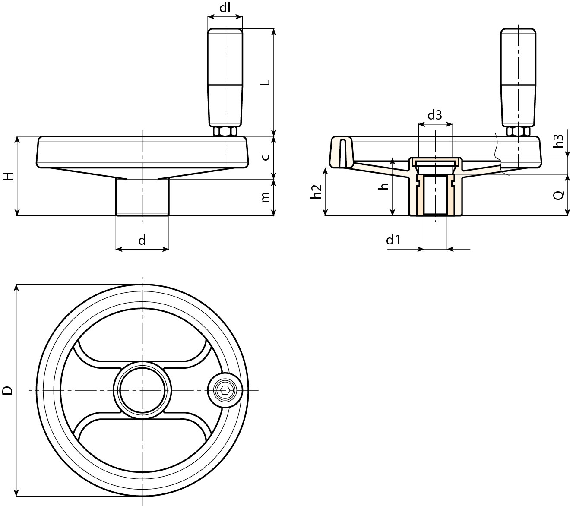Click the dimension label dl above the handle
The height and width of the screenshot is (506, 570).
click(x=225, y=8)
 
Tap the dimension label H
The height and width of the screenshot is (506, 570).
click(x=8, y=176)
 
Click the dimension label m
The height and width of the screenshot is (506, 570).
click(x=266, y=197)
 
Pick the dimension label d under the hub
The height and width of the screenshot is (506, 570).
click(x=142, y=240)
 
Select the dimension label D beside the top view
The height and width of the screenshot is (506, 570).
click(x=7, y=391)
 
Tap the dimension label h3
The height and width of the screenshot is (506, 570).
click(x=559, y=141)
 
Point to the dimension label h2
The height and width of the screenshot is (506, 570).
click(x=317, y=191)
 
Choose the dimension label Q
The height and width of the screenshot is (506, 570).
click(x=558, y=195)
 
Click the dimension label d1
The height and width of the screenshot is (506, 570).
click(x=393, y=240)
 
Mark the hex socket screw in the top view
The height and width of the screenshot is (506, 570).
click(x=224, y=390)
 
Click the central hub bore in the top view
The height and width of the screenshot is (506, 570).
click(x=142, y=390)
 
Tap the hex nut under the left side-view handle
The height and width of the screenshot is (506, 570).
click(x=225, y=131)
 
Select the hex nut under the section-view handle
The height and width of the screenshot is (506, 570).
click(x=518, y=131)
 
